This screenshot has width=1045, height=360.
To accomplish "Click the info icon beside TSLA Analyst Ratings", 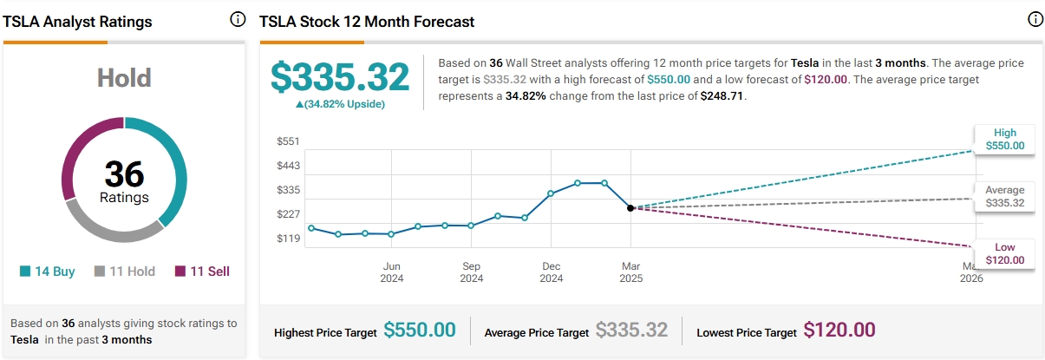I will click(238, 20).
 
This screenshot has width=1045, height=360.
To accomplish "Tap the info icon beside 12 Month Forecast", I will click(1034, 20).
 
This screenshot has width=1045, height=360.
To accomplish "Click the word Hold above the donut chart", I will click(125, 80).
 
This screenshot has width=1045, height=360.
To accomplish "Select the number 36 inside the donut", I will click(124, 174).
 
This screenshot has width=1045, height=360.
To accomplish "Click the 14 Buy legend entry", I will click(48, 272).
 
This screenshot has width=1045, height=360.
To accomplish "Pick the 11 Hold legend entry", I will click(125, 272).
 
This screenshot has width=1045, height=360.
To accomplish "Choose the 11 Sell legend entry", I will click(202, 272).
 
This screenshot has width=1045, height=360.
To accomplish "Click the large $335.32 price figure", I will click(340, 77).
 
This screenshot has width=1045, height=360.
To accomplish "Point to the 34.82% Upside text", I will click(340, 104).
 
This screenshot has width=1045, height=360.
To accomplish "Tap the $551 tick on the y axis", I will click(288, 141).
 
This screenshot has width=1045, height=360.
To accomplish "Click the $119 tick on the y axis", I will click(288, 239).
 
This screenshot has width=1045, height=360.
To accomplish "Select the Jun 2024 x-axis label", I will click(391, 272).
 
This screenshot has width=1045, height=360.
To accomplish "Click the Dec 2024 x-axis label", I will click(552, 272).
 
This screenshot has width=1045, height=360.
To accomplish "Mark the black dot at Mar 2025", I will click(630, 208).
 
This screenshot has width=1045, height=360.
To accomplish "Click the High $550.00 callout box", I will click(1004, 140).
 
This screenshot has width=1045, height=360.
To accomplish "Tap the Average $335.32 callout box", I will click(1004, 197).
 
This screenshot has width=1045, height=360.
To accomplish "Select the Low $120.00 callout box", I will click(1004, 253).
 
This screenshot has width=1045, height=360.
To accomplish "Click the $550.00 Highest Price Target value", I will click(420, 331).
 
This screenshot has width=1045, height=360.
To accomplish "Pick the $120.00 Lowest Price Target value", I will click(839, 331).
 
